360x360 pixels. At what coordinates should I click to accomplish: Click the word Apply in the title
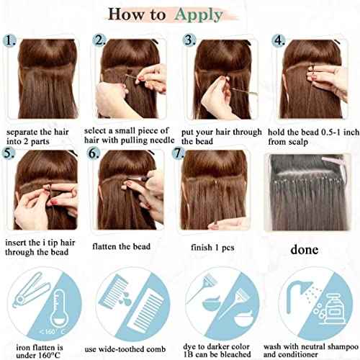[199, 15]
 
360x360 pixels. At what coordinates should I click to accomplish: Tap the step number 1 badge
[9, 40]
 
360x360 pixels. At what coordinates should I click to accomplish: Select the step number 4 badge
[279, 40]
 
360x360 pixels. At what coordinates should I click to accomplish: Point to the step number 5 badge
[8, 153]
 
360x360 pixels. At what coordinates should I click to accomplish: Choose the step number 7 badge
[179, 153]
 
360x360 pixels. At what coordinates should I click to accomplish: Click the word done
[305, 250]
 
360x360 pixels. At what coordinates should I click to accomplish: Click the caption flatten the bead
[121, 246]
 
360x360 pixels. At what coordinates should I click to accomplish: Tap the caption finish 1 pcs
[212, 248]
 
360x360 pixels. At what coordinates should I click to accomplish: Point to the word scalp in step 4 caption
[297, 142]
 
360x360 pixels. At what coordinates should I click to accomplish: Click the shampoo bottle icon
[333, 312]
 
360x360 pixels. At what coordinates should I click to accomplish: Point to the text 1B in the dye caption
[189, 354]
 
